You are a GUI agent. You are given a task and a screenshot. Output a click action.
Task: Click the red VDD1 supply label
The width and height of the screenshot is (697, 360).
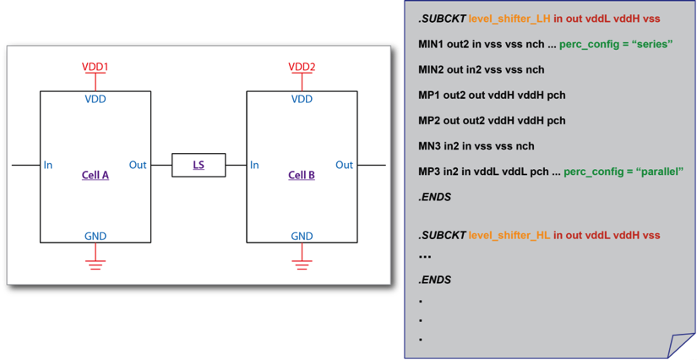click(x=95, y=66)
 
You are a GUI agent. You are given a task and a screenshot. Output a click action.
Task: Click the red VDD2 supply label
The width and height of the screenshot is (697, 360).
click(x=302, y=66)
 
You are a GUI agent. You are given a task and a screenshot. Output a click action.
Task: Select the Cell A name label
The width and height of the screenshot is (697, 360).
click(x=95, y=176)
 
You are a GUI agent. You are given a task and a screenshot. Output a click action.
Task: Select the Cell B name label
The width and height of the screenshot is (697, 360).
click(x=302, y=176)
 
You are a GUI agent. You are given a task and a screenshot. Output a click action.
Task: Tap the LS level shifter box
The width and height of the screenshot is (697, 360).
click(x=199, y=165)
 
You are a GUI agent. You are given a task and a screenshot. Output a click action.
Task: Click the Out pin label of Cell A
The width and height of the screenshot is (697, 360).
click(x=138, y=165)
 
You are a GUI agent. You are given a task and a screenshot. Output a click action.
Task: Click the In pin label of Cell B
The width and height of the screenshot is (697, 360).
click(x=254, y=165)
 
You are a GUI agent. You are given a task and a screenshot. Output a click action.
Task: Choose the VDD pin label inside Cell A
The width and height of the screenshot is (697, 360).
click(x=95, y=99)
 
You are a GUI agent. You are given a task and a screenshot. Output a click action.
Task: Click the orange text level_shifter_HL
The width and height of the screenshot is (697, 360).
click(x=509, y=235)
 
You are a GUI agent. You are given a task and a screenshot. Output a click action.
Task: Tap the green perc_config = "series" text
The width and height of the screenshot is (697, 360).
click(x=615, y=43)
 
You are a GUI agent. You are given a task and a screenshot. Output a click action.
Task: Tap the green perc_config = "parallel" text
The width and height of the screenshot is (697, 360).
click(x=623, y=172)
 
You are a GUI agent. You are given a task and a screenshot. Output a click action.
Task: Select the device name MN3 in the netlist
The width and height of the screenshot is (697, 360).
click(x=432, y=146)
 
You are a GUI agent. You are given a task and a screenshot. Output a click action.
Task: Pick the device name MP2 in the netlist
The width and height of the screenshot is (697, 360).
click(x=431, y=121)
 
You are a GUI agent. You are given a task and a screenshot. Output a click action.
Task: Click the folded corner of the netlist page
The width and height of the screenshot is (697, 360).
click(x=681, y=345)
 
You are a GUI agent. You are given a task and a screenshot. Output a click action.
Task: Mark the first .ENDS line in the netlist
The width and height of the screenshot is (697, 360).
click(x=434, y=197)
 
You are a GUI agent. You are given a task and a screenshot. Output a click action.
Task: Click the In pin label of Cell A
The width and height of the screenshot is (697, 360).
click(x=48, y=165)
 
